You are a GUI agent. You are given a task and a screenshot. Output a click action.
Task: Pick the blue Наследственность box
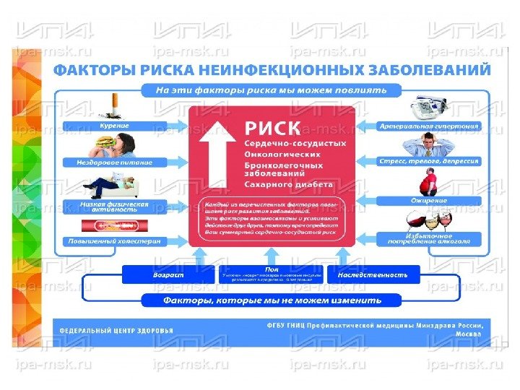pos(373,274)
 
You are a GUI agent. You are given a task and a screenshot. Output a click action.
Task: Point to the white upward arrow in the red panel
pos(216,152)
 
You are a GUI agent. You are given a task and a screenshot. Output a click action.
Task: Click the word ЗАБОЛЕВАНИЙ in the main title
pos(431,70)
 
